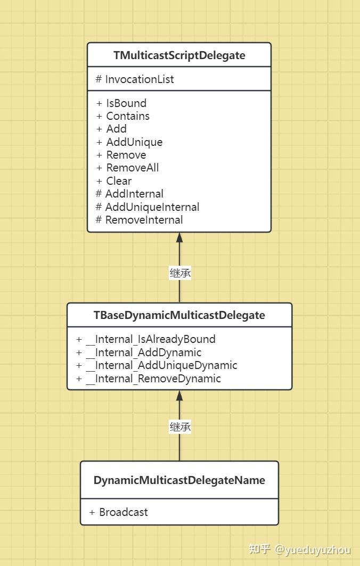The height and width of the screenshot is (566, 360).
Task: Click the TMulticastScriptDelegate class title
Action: coord(179,55)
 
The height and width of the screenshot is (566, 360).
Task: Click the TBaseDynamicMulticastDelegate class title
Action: coord(179,315)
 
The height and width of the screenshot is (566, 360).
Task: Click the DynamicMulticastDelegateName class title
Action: coord(179,480)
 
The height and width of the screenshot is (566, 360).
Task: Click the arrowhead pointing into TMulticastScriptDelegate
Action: coord(179,238)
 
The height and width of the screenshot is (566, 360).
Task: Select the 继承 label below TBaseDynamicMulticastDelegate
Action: coord(180,426)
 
